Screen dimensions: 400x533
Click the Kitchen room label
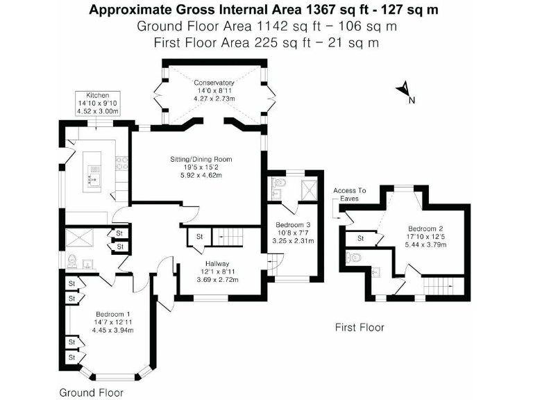pos(98,95)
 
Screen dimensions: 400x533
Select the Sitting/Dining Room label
pos(201,160)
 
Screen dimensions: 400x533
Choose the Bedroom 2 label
pos(426,228)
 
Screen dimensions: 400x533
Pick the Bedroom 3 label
pos(294,225)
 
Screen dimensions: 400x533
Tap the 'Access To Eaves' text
pos(349,194)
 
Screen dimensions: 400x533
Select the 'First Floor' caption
pos(359,327)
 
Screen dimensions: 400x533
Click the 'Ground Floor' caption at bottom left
pos(91,392)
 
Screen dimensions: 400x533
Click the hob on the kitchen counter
pos(120,164)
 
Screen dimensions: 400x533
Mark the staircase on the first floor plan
pos(437,285)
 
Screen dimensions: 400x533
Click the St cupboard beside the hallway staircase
pos(199,237)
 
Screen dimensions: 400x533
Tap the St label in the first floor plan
pos(361,238)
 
